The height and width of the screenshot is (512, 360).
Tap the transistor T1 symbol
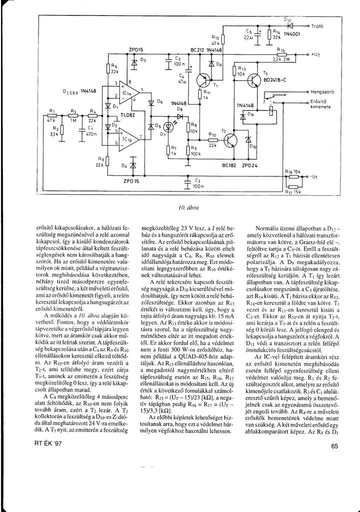click(204, 80)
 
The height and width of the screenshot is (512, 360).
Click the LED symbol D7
click(169, 127)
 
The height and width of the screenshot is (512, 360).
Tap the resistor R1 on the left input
click(51, 114)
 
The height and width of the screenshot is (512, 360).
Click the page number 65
click(334, 446)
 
